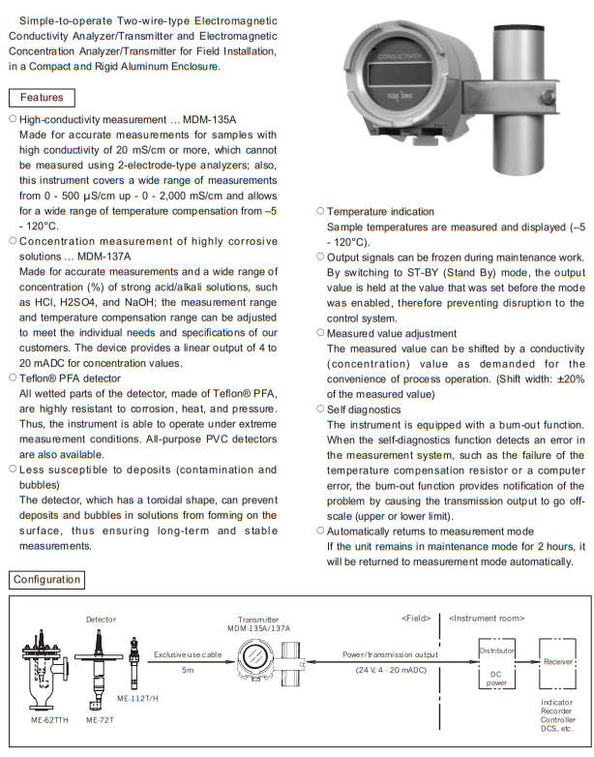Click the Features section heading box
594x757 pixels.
click(x=42, y=98)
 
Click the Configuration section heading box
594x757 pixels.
click(x=47, y=580)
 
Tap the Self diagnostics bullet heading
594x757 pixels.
click(x=369, y=409)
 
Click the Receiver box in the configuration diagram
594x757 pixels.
click(x=557, y=662)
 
